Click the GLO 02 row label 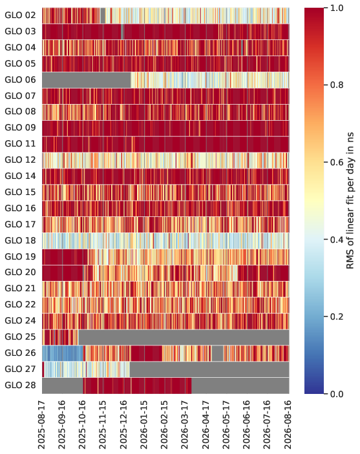(20, 15)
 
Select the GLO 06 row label (20, 80)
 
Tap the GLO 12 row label (20, 160)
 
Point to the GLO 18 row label (20, 241)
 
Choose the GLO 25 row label (20, 337)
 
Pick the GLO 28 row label (20, 386)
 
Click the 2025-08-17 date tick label (42, 424)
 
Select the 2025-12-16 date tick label (123, 424)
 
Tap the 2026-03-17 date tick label (185, 424)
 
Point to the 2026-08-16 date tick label (288, 424)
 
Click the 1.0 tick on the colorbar (337, 8)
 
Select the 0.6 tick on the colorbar (337, 162)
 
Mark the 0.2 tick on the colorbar (337, 316)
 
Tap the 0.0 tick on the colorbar (337, 394)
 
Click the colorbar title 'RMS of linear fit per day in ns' (350, 201)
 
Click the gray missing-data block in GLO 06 (87, 80)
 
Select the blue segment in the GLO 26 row (63, 353)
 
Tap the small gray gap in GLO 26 (217, 353)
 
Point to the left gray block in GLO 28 (63, 386)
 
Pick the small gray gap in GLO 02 (103, 15)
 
